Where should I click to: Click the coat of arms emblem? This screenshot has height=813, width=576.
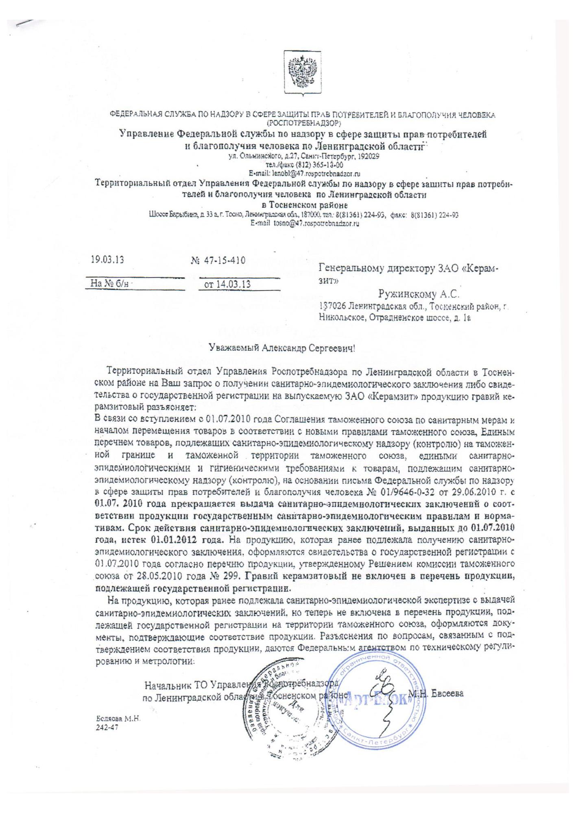pyautogui.click(x=302, y=73)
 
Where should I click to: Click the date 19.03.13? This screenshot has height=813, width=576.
pyautogui.click(x=107, y=259)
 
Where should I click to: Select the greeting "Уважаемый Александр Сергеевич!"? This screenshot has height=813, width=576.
pyautogui.click(x=282, y=348)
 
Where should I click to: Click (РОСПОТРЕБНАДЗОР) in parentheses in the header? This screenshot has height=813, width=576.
pyautogui.click(x=304, y=122)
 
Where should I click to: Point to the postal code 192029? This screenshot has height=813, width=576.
pyautogui.click(x=368, y=157)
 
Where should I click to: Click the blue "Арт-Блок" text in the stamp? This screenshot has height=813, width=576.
pyautogui.click(x=377, y=700)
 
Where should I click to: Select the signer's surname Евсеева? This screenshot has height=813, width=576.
pyautogui.click(x=447, y=694)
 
